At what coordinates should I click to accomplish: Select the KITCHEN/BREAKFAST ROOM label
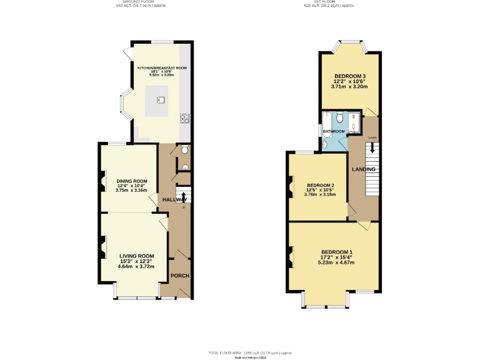click(x=162, y=67)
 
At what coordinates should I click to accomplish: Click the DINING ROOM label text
click(x=131, y=181)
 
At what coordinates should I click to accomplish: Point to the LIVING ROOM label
click(x=136, y=256)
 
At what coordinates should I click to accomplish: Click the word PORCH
click(x=180, y=276)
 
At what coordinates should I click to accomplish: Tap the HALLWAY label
click(x=174, y=199)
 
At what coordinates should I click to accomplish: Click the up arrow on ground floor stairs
click(x=183, y=198)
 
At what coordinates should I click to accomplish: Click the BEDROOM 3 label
click(x=349, y=76)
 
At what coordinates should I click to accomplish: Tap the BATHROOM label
click(x=334, y=131)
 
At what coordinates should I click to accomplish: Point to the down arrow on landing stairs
click(x=372, y=149)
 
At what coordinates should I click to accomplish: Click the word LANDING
click(x=363, y=169)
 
